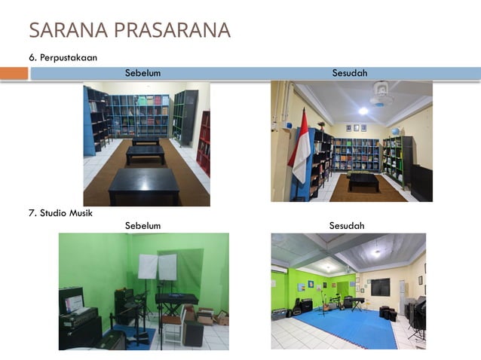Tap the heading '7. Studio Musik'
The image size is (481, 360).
(60, 213)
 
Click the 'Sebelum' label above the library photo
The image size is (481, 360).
(142, 73)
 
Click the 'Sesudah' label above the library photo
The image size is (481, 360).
(350, 73)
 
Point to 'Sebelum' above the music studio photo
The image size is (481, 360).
(142, 226)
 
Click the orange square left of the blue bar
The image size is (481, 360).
(14, 73)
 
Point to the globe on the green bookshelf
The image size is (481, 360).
(394, 131)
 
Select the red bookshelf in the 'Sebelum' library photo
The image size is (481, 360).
(204, 143)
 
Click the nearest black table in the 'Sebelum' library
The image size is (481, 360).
(144, 185)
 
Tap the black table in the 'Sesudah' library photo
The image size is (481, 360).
(363, 181)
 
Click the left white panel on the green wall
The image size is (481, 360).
(148, 267)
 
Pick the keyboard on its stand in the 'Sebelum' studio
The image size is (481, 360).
(176, 299)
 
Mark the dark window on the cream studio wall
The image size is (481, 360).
(380, 287)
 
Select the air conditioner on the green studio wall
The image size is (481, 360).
(279, 268)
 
